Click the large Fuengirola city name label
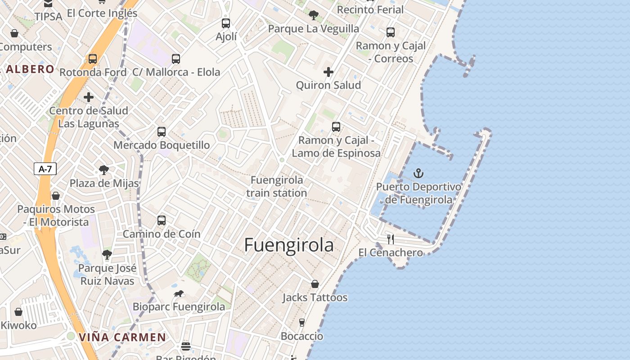click(289, 245)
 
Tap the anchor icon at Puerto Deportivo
click(418, 173)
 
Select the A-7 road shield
click(45, 169)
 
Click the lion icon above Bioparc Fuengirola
click(179, 294)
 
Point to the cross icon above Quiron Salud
click(328, 72)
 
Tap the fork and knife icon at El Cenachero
click(390, 239)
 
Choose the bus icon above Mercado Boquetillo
click(162, 132)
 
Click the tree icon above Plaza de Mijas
click(104, 170)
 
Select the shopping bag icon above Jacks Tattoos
click(315, 284)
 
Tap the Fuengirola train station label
click(277, 186)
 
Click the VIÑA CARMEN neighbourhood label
click(122, 337)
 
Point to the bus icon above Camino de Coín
click(162, 220)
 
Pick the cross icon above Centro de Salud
click(89, 97)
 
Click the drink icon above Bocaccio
click(302, 323)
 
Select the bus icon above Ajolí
click(226, 23)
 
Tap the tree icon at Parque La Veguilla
click(314, 15)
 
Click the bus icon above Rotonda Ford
click(93, 59)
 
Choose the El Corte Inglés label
click(102, 13)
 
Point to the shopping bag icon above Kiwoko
click(18, 312)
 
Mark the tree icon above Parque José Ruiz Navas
click(107, 255)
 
